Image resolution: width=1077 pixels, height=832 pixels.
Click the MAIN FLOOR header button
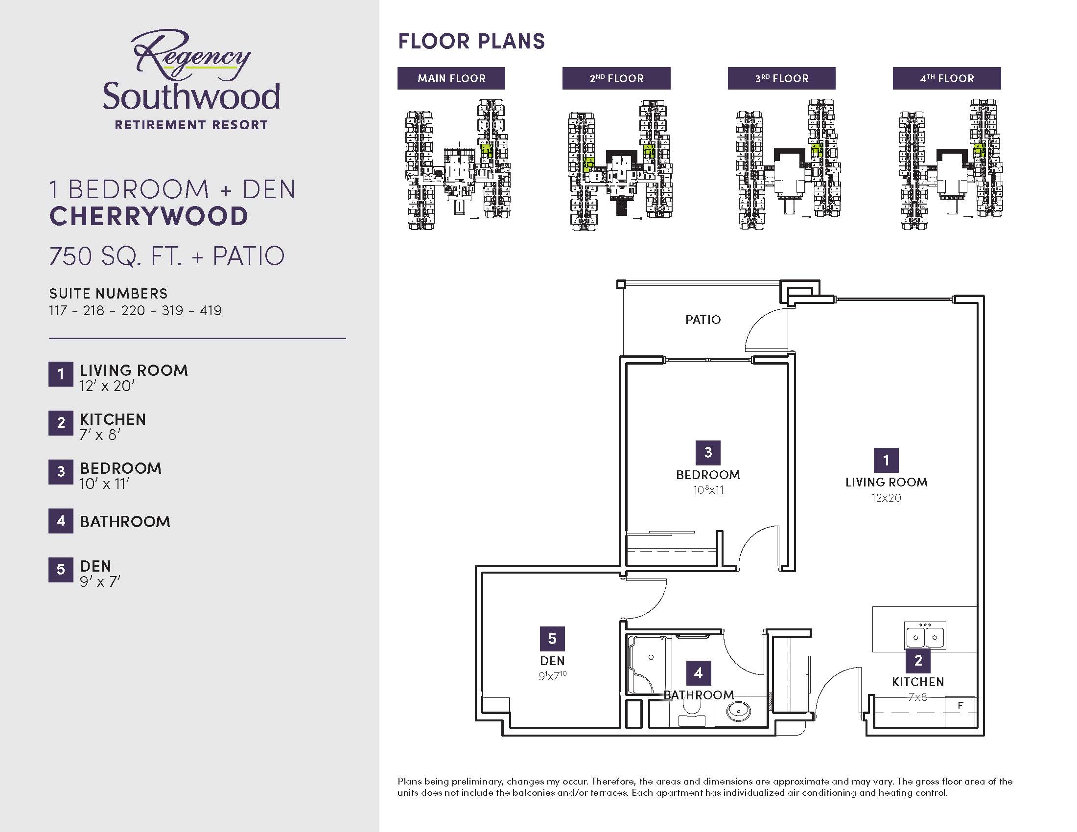coord(451,78)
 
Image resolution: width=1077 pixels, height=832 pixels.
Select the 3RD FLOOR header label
coord(782,78)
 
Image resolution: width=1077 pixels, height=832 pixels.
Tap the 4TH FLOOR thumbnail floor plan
coord(950,164)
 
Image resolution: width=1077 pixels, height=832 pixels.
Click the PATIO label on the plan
coord(702,320)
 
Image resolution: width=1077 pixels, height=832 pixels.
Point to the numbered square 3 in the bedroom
coord(708,453)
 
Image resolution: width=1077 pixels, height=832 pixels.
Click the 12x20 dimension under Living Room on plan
coord(886,498)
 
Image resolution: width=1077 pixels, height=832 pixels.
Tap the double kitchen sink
coord(925,635)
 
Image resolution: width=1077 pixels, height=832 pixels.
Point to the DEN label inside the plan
coord(552,661)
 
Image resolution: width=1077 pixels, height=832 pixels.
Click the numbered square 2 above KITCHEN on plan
coord(918,661)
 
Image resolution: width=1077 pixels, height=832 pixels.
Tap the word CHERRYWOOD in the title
coord(148,216)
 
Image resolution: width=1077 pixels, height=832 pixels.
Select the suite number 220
coord(133,310)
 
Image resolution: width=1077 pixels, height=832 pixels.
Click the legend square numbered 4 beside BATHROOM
coord(61,521)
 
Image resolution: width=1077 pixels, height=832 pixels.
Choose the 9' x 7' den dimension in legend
coord(100,581)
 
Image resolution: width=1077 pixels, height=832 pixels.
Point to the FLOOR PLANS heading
coord(471,42)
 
